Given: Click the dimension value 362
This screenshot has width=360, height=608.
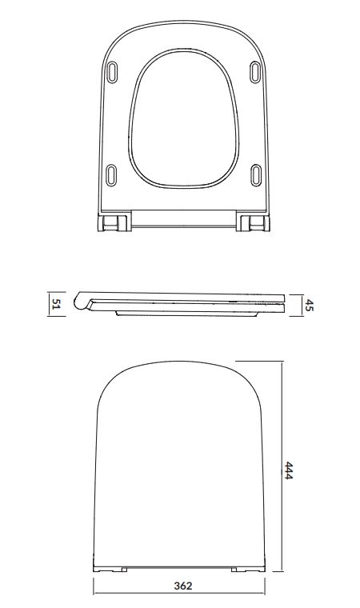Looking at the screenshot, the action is [182, 586].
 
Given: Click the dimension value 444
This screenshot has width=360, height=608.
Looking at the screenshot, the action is [288, 470].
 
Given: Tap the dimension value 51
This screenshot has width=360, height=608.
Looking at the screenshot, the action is [56, 304].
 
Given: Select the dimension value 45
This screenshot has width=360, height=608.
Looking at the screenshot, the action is [309, 305].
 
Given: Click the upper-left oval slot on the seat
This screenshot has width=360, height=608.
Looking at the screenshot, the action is [112, 72].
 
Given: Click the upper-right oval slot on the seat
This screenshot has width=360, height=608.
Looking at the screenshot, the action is [255, 72].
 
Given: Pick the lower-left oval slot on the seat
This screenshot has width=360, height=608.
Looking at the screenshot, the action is [111, 175].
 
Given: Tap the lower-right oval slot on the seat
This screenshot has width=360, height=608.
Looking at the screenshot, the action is [256, 175].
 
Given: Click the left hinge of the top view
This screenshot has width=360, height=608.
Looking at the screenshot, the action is [114, 223].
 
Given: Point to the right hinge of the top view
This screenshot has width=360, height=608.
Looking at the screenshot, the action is [253, 223].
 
